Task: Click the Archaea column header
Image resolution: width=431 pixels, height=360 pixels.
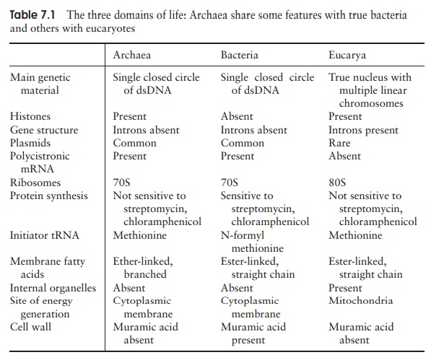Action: tap(131, 55)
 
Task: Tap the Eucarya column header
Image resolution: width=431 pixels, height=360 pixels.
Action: tap(347, 55)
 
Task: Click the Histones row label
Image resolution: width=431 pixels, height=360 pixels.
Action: tap(30, 116)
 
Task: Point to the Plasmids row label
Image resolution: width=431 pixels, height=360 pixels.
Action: tap(30, 143)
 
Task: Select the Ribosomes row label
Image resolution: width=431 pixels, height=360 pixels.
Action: tap(35, 183)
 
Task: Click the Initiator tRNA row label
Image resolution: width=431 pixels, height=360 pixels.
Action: tap(43, 235)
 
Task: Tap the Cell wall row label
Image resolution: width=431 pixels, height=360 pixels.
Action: tap(31, 327)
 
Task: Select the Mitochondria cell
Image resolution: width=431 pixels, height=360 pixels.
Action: tap(361, 301)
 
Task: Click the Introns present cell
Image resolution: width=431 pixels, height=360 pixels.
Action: tap(363, 130)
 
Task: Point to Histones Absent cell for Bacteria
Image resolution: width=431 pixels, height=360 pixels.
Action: tap(237, 116)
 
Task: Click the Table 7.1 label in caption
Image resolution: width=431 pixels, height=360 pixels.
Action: tap(35, 14)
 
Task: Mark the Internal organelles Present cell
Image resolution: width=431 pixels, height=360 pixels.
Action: tap(346, 288)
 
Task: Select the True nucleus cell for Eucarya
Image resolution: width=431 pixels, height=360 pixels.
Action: tap(370, 90)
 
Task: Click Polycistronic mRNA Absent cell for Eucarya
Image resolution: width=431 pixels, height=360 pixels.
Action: tap(344, 156)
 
